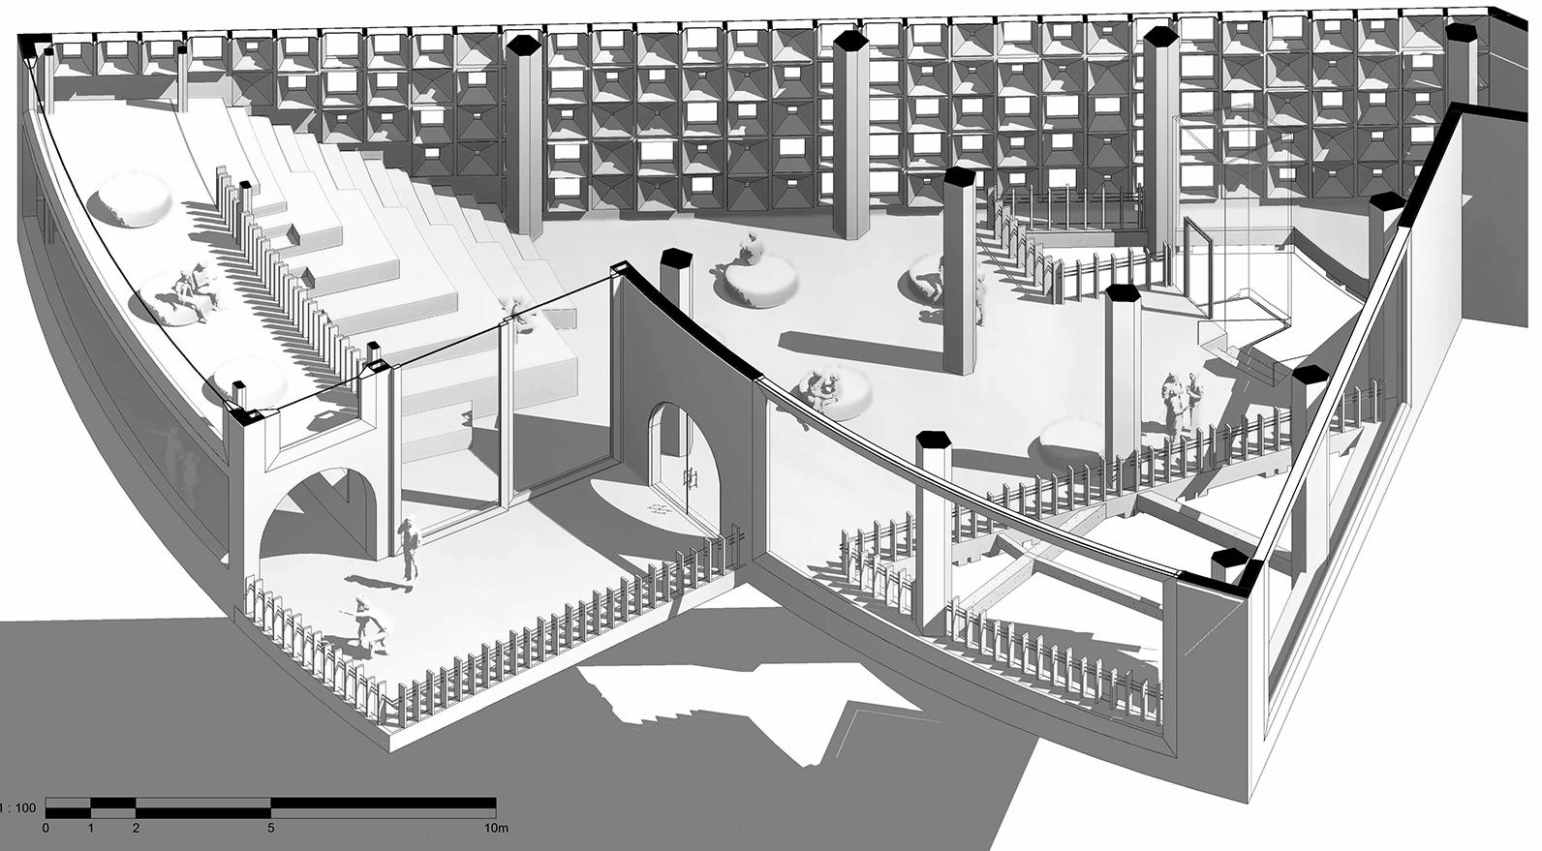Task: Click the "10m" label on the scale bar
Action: tap(496, 828)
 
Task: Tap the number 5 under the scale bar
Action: tap(271, 828)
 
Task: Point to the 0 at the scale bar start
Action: tap(46, 828)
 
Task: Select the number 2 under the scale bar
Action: tap(136, 828)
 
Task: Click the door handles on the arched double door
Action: tap(691, 477)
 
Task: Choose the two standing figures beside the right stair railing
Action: tap(1184, 403)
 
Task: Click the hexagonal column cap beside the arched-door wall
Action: tap(674, 259)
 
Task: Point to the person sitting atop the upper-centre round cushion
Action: tap(749, 252)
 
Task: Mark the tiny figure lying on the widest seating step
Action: tap(515, 313)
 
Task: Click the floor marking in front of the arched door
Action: tap(662, 507)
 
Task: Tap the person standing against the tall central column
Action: tap(978, 295)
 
